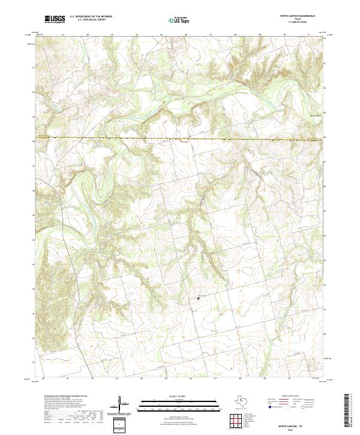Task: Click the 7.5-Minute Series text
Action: [298, 23]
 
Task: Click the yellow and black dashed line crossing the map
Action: [180, 139]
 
